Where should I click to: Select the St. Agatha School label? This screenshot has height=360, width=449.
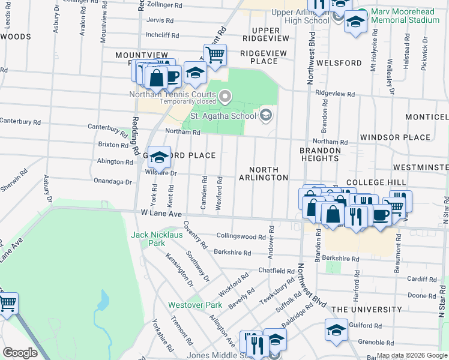click(223, 116)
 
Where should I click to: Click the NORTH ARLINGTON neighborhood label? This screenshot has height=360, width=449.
click(264, 173)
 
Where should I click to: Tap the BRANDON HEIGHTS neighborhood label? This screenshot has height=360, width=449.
click(320, 154)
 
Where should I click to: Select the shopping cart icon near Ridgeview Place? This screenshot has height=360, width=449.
click(214, 55)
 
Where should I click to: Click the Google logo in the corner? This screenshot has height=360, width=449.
click(20, 352)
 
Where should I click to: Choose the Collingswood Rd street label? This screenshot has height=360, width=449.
click(241, 237)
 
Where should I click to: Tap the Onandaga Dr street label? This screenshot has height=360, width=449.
click(112, 181)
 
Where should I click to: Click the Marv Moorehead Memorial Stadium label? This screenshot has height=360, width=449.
click(405, 16)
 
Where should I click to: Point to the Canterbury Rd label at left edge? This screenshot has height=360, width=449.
click(20, 122)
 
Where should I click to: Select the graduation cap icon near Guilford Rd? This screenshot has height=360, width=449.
click(336, 329)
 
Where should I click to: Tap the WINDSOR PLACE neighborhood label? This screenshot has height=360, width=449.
click(395, 137)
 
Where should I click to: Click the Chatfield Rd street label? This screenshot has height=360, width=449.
click(276, 271)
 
